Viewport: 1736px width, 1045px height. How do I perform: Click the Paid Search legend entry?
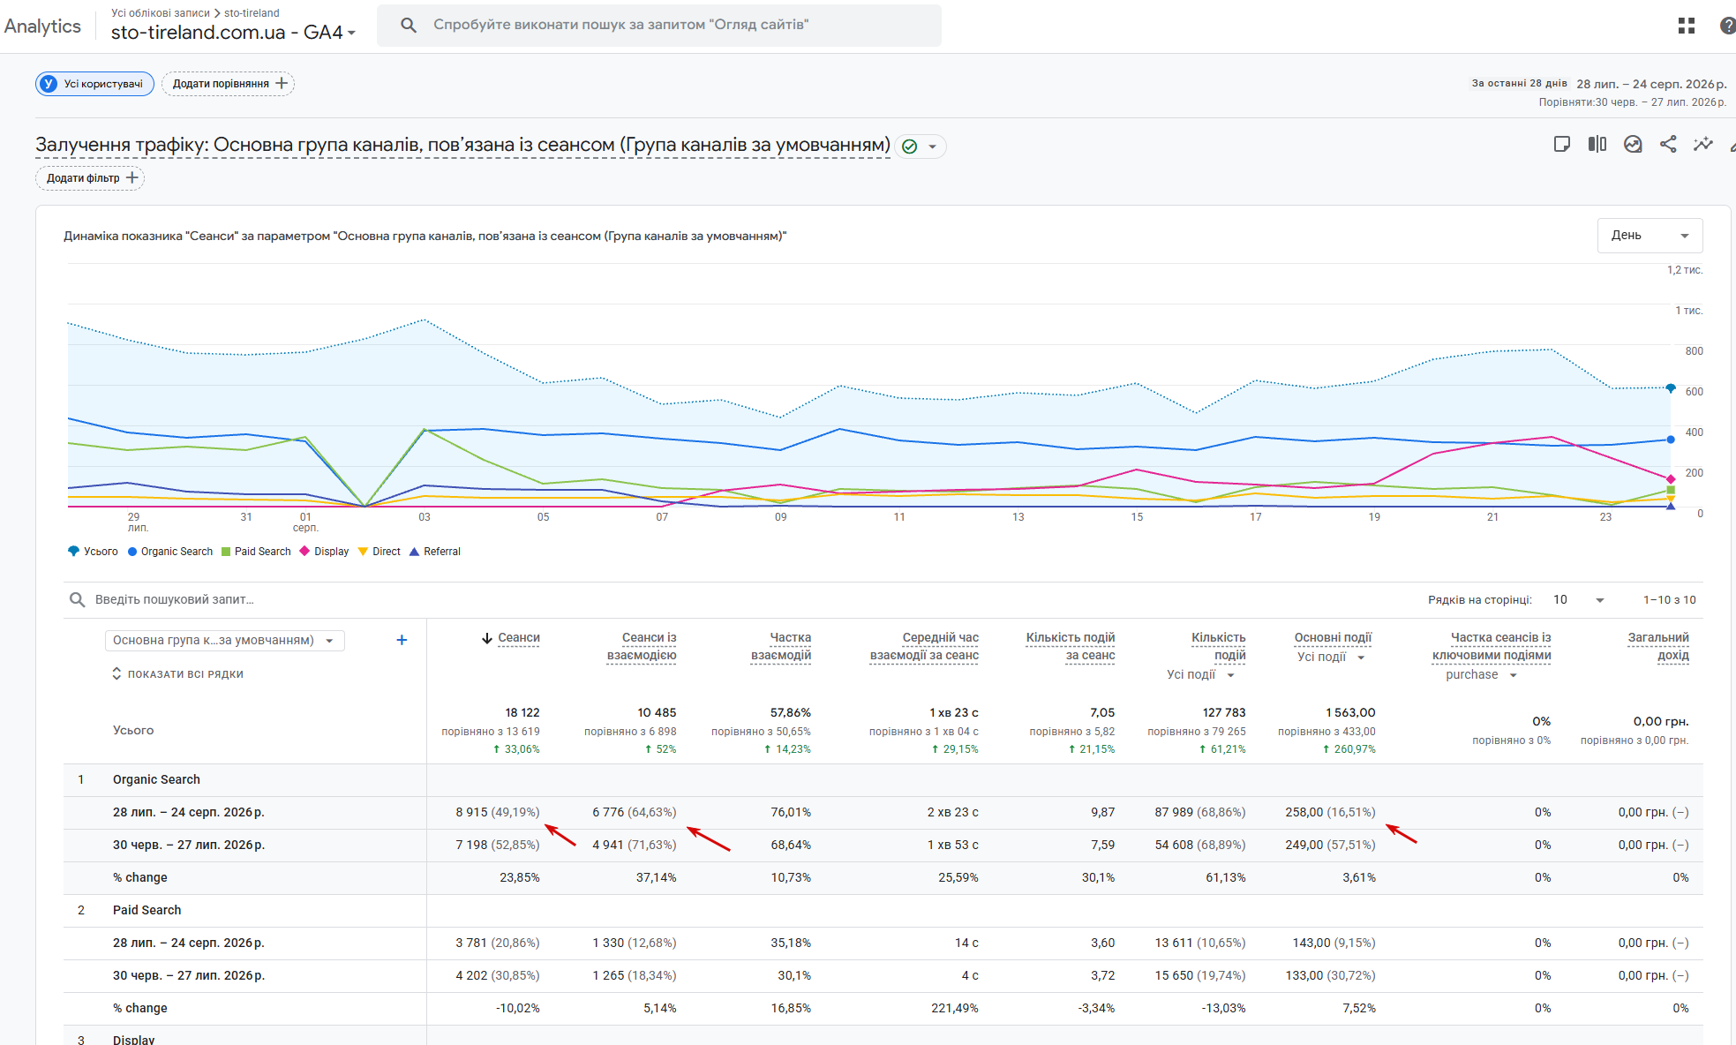[256, 552]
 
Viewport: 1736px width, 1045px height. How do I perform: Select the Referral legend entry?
[435, 552]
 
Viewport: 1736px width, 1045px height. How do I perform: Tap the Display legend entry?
[324, 552]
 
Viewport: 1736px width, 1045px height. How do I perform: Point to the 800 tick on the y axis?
[1694, 351]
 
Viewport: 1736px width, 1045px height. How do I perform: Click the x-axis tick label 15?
[1137, 517]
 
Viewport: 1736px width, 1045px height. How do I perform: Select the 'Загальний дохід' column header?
[1658, 646]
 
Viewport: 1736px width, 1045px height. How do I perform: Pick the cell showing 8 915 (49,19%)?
[498, 812]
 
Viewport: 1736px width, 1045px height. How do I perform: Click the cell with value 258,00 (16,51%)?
[1330, 812]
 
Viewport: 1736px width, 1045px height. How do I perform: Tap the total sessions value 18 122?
[522, 712]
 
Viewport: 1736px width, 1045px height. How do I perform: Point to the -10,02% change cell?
[518, 1008]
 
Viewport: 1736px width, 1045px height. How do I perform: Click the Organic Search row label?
[156, 779]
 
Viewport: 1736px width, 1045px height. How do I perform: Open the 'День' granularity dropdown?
[1650, 236]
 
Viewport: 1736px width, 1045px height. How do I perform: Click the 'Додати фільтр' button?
[90, 178]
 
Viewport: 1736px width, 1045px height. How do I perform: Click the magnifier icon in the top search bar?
[408, 25]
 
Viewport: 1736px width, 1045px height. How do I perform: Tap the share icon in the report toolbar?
[1668, 145]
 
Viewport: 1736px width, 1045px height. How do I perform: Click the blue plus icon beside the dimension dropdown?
[402, 640]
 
